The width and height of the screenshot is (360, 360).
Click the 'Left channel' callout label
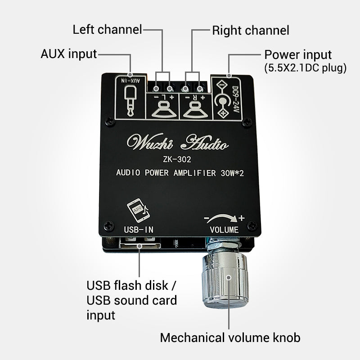click(107, 30)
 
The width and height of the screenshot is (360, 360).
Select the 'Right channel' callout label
click(251, 31)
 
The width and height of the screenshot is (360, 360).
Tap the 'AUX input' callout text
click(69, 54)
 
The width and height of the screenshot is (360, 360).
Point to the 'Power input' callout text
click(298, 55)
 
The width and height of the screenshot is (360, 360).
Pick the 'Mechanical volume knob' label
click(230, 337)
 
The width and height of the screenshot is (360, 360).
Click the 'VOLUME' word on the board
click(224, 229)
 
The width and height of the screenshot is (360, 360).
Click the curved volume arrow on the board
click(223, 218)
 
